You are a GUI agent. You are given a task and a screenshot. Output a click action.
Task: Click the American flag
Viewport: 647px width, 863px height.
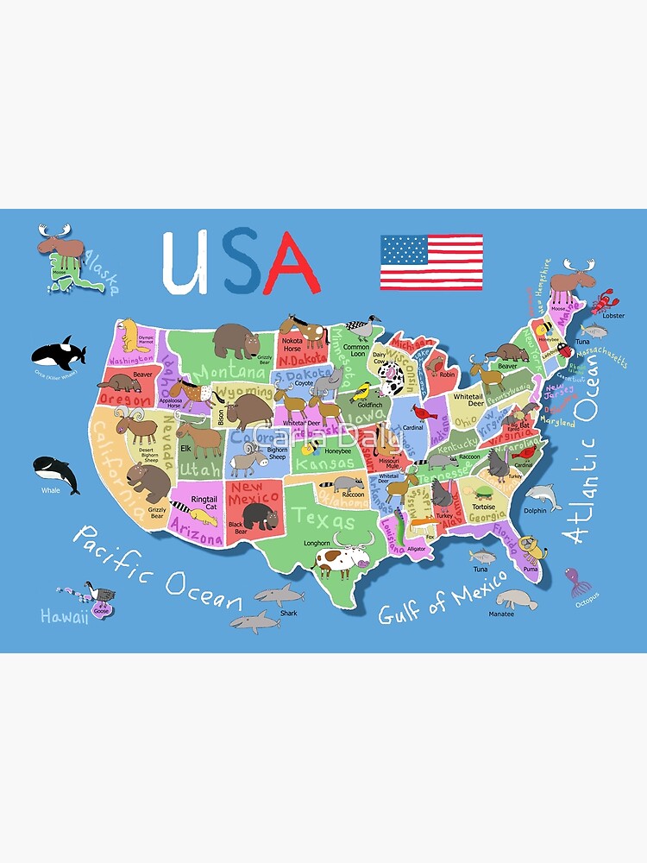431,262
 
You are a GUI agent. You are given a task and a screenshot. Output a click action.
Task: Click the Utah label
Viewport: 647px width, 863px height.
201,469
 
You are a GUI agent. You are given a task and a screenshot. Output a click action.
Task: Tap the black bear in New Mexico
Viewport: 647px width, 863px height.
258,517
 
